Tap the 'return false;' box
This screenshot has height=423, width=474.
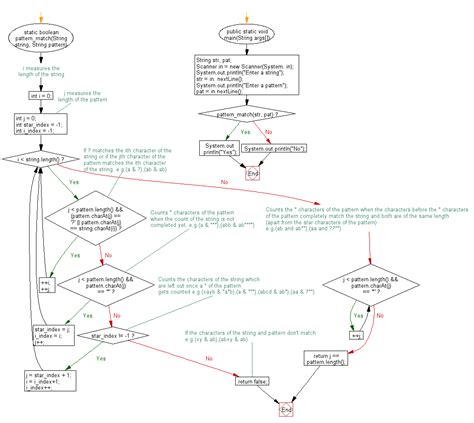tap(252, 381)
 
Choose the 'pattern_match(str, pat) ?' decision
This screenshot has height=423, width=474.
tap(240, 115)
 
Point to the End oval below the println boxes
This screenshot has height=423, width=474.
tap(252, 173)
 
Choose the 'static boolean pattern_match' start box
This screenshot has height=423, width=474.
tap(41, 43)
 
